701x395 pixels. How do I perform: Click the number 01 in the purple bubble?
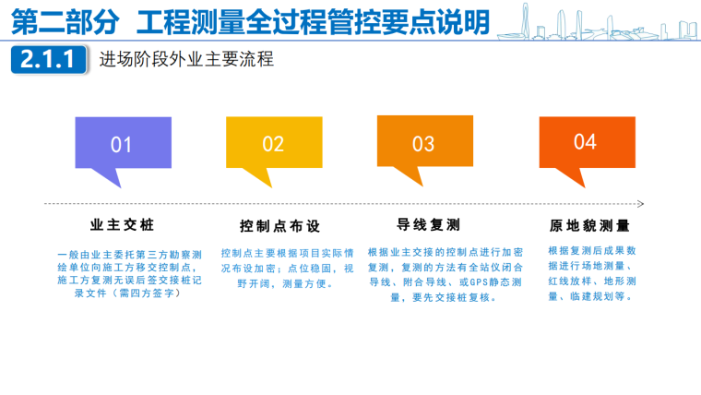tap(121, 145)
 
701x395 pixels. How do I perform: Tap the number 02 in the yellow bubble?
tap(273, 144)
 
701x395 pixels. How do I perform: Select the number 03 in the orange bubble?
tap(423, 144)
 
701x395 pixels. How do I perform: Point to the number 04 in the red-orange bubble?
tap(585, 142)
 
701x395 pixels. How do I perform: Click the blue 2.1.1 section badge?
tap(48, 59)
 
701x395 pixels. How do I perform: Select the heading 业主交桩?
tap(122, 224)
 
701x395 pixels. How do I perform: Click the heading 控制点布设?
tap(279, 226)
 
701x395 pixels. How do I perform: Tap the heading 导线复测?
tap(428, 224)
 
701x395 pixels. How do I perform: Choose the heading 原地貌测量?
tap(589, 225)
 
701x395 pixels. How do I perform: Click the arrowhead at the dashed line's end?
tap(642, 204)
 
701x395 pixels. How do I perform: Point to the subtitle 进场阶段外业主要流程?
tap(186, 59)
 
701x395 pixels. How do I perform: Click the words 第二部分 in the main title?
tap(65, 22)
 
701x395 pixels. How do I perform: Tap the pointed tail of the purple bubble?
tap(119, 186)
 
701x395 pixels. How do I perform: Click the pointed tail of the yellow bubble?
tap(270, 186)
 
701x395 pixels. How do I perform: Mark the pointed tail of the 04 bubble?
tap(583, 186)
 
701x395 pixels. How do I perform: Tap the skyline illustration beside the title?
tap(599, 22)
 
